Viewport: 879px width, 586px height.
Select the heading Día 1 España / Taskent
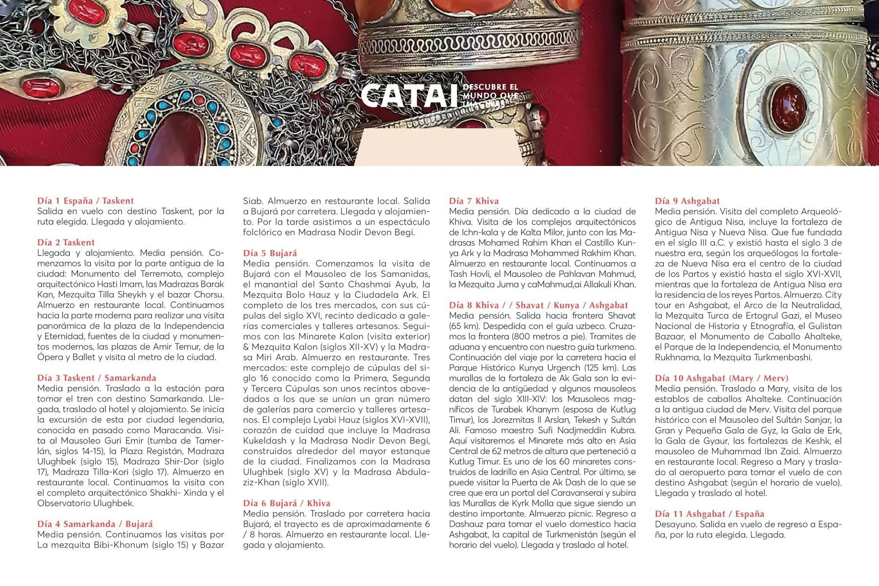click(85, 201)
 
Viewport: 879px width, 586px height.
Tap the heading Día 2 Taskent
click(66, 243)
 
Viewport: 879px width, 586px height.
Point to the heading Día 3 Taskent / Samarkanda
click(97, 378)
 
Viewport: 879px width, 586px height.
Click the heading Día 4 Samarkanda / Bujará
click(95, 524)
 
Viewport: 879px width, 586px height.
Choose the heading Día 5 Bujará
click(270, 253)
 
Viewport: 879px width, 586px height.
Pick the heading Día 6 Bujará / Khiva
click(287, 503)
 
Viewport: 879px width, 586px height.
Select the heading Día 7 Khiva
click(474, 201)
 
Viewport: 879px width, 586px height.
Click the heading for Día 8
click(538, 305)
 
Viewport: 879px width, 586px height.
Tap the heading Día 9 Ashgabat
click(687, 201)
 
